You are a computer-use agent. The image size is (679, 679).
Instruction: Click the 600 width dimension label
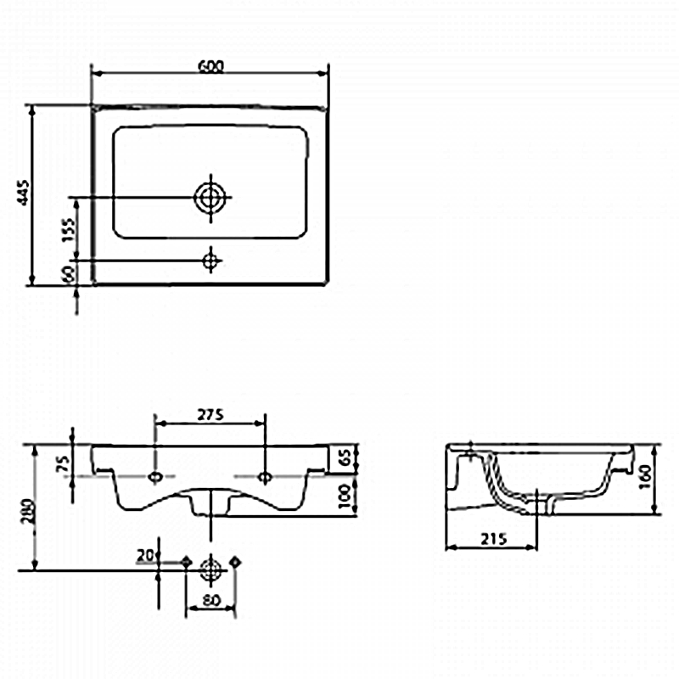(210, 67)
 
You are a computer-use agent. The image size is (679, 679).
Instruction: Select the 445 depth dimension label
(23, 193)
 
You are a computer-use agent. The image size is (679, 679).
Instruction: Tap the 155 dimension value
(68, 229)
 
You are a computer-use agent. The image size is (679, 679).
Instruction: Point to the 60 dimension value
(69, 273)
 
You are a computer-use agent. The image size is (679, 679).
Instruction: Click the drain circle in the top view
(210, 198)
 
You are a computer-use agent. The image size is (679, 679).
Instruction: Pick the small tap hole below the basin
(210, 261)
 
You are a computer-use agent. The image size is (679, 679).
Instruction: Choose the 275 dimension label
(210, 415)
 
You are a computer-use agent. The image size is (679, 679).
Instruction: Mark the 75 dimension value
(63, 463)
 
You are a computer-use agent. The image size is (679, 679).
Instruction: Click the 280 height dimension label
(28, 511)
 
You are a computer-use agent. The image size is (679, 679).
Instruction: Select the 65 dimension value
(345, 457)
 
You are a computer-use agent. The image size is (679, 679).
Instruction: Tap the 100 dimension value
(345, 497)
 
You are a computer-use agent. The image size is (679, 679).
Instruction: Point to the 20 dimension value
(145, 555)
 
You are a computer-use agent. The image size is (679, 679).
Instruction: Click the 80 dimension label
(211, 600)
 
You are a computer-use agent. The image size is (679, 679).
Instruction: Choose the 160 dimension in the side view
(645, 476)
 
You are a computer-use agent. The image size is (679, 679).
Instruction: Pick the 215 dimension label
(493, 539)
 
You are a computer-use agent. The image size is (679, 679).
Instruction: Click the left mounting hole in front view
(155, 477)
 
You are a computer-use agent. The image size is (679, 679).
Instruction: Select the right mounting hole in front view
(265, 477)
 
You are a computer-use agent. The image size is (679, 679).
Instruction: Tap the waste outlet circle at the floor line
(210, 570)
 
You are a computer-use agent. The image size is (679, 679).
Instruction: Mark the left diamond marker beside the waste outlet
(187, 562)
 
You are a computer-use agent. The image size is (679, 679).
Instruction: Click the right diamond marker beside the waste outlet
(235, 562)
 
